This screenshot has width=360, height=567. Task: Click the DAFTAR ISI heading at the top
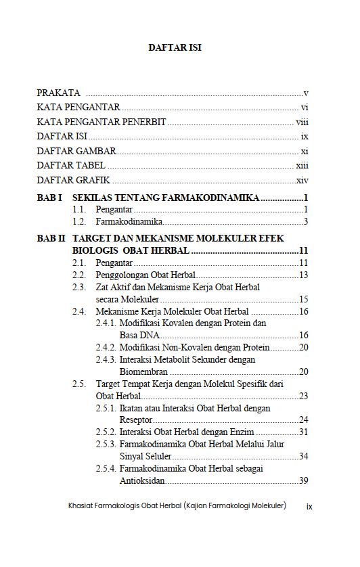[175, 48]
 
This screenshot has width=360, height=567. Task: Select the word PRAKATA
[59, 93]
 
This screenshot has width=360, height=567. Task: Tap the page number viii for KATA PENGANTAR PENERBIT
[302, 122]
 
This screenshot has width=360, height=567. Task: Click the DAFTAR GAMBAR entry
[76, 152]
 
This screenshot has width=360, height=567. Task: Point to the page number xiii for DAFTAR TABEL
[302, 166]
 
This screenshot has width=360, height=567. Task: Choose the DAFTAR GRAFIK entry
[74, 181]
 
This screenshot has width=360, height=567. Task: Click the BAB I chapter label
[49, 198]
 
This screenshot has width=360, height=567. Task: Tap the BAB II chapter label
[51, 239]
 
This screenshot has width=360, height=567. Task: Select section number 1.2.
[80, 221]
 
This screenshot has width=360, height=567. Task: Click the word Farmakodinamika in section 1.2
[129, 221]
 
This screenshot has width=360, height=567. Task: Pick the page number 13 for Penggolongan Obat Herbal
[304, 275]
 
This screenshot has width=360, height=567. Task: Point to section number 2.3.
[80, 287]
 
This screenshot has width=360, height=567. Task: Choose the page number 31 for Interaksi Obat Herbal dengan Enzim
[304, 432]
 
